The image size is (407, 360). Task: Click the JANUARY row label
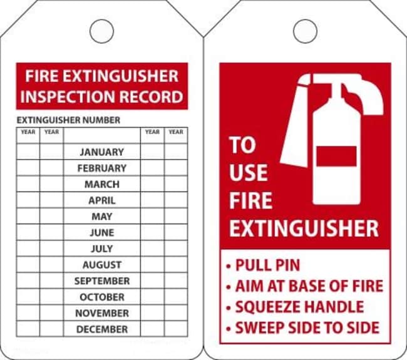pyautogui.click(x=102, y=152)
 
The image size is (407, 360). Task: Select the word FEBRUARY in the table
pyautogui.click(x=102, y=168)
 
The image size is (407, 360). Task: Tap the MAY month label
pyautogui.click(x=102, y=216)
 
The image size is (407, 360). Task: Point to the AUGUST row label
pyautogui.click(x=102, y=265)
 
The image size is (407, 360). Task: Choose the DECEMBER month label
pyautogui.click(x=102, y=329)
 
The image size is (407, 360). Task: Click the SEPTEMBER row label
pyautogui.click(x=102, y=281)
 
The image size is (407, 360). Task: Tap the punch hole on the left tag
pyautogui.click(x=101, y=31)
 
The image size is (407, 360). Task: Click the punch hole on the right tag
pyautogui.click(x=305, y=31)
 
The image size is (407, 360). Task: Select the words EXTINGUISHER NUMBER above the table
pyautogui.click(x=68, y=120)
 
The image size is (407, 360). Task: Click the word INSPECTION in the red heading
pyautogui.click(x=80, y=97)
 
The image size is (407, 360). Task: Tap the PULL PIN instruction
pyautogui.click(x=267, y=265)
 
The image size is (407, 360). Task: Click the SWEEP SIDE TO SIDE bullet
pyautogui.click(x=306, y=327)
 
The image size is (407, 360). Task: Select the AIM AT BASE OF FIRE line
pyautogui.click(x=308, y=286)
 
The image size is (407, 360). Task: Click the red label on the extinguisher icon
pyautogui.click(x=336, y=156)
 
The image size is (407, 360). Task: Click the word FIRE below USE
pyautogui.click(x=250, y=201)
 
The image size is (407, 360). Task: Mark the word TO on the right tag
pyautogui.click(x=242, y=146)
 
